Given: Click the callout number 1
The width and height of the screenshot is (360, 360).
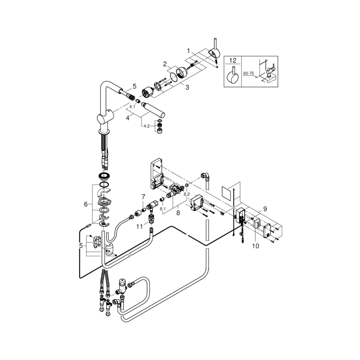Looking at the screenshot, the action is (x=188, y=50).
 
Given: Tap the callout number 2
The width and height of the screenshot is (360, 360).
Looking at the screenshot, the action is (x=165, y=64).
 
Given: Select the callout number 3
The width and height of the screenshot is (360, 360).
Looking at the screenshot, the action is (x=187, y=87).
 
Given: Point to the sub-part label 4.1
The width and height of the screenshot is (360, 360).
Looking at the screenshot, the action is (x=132, y=107).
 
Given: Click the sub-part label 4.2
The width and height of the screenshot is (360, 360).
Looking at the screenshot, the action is (x=147, y=126).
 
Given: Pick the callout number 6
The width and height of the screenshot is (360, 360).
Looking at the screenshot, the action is (x=86, y=204).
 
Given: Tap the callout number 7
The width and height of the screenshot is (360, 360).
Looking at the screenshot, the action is (x=144, y=197).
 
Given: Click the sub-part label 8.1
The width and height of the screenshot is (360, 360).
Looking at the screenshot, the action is (x=163, y=209).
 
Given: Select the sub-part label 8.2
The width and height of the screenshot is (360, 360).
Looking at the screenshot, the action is (x=187, y=194).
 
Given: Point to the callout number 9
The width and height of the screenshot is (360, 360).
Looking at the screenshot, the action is (x=265, y=209).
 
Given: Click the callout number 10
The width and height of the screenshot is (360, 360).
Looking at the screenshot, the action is (x=256, y=246).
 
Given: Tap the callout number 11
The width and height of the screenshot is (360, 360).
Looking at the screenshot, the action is (x=140, y=227).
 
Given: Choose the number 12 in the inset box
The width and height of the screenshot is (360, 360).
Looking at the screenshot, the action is (x=233, y=60).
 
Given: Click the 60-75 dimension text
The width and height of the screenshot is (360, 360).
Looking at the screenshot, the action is (x=248, y=73).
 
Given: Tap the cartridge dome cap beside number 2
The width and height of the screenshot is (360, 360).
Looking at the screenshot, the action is (x=182, y=72).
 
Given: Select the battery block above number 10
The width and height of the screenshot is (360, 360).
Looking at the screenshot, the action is (x=257, y=223).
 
